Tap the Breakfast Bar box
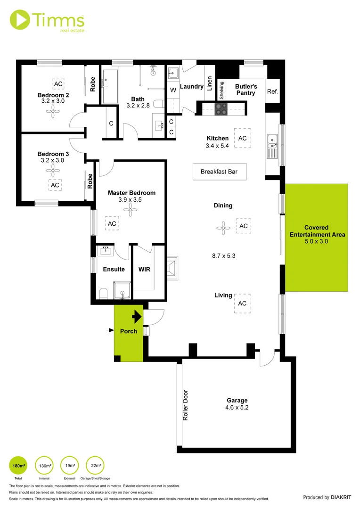pyautogui.click(x=219, y=172)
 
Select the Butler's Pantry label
pyautogui.click(x=246, y=90)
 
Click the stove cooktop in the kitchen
pyautogui.click(x=221, y=109)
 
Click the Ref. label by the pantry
pyautogui.click(x=272, y=91)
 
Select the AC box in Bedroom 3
pyautogui.click(x=55, y=185)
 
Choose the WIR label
pyautogui.click(x=144, y=269)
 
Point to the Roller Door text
pyautogui.click(x=185, y=405)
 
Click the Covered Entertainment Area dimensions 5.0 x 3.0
pyautogui.click(x=317, y=241)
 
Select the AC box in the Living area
pyautogui.click(x=242, y=304)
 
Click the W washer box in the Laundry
pyautogui.click(x=173, y=90)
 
